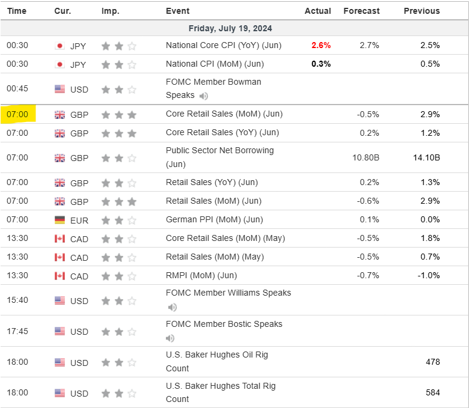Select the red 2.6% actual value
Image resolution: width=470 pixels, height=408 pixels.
point(321,45)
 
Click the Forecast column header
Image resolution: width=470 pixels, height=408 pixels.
point(361,11)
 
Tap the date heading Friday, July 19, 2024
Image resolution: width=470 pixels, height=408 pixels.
point(230,28)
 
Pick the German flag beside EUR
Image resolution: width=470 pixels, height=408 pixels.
point(60,220)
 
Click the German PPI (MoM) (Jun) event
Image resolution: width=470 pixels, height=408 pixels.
point(215,220)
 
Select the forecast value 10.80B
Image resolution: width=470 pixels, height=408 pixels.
point(364,157)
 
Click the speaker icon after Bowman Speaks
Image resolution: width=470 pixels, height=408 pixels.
point(204,96)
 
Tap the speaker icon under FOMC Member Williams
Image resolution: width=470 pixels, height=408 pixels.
point(172,307)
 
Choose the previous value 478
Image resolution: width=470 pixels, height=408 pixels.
point(432,362)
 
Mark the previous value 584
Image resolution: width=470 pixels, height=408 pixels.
point(432,392)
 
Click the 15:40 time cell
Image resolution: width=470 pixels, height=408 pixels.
point(17,300)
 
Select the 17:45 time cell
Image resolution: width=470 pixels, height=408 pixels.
point(17,331)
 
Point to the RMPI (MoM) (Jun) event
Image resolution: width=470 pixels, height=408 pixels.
point(201,276)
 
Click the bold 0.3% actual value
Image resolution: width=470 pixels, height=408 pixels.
point(321,64)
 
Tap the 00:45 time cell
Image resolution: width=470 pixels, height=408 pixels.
point(17,89)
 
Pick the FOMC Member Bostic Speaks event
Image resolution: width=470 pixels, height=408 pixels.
point(224,324)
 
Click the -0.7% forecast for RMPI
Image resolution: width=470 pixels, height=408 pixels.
point(368,276)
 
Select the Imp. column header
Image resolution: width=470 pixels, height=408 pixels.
point(110,11)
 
